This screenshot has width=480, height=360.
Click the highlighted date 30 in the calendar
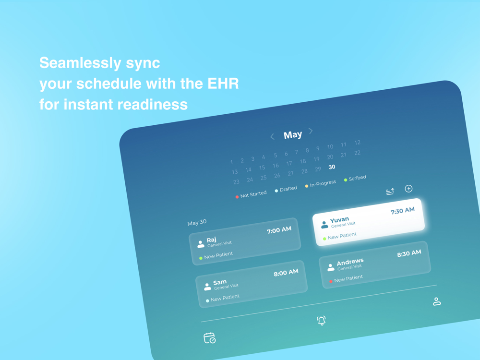pyautogui.click(x=332, y=167)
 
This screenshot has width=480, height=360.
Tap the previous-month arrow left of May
pyautogui.click(x=272, y=136)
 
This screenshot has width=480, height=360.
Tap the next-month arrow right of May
pyautogui.click(x=311, y=131)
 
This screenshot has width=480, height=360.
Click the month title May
pyautogui.click(x=293, y=135)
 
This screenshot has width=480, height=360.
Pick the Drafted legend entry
pyautogui.click(x=286, y=189)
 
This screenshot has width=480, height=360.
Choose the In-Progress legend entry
pyautogui.click(x=321, y=184)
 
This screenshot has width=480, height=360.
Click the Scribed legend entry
pyautogui.click(x=355, y=179)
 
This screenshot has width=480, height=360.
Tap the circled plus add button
pyautogui.click(x=408, y=189)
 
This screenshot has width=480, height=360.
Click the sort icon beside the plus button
pyautogui.click(x=390, y=192)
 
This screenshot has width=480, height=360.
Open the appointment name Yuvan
pyautogui.click(x=339, y=220)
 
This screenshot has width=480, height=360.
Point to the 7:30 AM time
pyautogui.click(x=403, y=211)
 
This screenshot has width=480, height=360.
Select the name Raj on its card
pyautogui.click(x=212, y=240)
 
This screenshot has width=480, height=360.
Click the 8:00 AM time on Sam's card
pyautogui.click(x=286, y=273)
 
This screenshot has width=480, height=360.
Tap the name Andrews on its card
pyautogui.click(x=350, y=262)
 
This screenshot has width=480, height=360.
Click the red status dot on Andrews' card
pyautogui.click(x=331, y=281)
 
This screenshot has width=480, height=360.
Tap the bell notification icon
pyautogui.click(x=322, y=321)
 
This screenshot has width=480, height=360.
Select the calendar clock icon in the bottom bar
pyautogui.click(x=210, y=338)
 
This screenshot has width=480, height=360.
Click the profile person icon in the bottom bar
pyautogui.click(x=437, y=301)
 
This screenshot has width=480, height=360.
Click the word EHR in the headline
pyautogui.click(x=223, y=84)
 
